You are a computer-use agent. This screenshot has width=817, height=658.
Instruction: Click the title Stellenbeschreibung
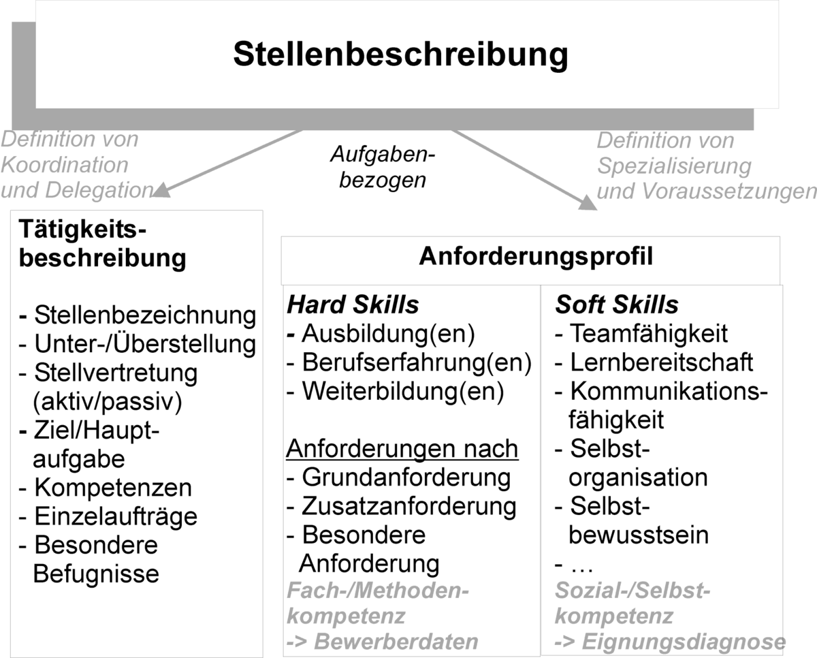[x=400, y=54]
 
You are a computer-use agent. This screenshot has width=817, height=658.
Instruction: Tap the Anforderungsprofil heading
[x=536, y=257]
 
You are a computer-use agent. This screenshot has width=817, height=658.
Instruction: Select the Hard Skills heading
[x=353, y=304]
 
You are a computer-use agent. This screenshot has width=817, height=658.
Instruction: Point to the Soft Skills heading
[x=617, y=304]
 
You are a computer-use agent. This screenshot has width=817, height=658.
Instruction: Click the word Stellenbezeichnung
[x=145, y=316]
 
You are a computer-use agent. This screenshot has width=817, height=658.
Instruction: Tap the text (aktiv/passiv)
[x=108, y=402]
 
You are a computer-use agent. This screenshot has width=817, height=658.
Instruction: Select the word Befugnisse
[x=96, y=574]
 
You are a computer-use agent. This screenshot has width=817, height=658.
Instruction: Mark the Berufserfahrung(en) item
[x=417, y=363]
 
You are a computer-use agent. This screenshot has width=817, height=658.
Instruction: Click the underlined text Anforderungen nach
[x=402, y=449]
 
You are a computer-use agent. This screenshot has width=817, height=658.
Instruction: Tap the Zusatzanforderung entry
[x=409, y=506]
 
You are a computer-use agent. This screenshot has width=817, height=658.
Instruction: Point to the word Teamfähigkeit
[x=649, y=334]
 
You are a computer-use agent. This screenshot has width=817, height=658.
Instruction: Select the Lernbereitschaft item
[x=662, y=362]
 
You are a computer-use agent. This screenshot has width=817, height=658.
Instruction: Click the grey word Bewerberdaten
[x=396, y=642]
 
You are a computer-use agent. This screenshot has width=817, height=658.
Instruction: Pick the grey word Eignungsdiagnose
[x=684, y=642]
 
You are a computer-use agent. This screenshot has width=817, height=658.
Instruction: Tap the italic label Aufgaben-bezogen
[x=383, y=168]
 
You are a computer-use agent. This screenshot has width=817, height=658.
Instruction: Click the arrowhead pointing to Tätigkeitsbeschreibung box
[x=161, y=190]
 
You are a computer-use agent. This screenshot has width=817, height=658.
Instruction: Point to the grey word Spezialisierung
[x=674, y=166]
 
